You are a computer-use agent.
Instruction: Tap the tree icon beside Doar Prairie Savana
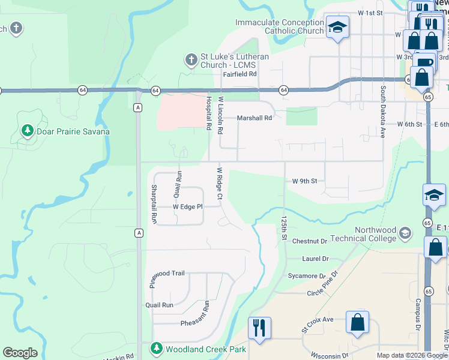[x=27, y=130]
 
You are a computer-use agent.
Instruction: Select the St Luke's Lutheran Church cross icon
[x=191, y=60]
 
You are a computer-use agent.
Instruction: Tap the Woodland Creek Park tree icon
[x=157, y=348]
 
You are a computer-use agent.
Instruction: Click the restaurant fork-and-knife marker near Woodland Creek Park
[x=259, y=328]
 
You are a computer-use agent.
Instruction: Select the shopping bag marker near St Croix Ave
[x=358, y=322]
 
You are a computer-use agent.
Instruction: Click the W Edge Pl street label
[x=188, y=206]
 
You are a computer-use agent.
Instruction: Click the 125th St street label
[x=285, y=228]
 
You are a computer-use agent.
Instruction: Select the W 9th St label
[x=304, y=181]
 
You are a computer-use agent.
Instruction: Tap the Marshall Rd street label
[x=254, y=118]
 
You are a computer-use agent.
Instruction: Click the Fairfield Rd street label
[x=240, y=74]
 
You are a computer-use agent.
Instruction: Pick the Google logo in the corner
[x=20, y=353]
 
